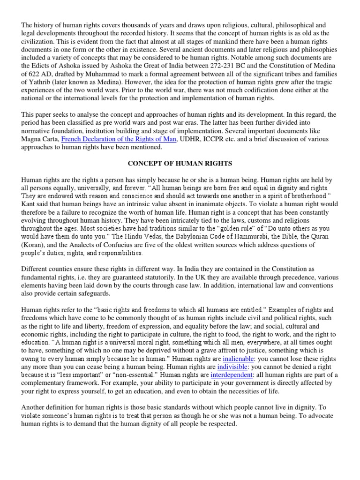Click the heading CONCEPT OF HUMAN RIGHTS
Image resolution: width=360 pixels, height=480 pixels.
tap(180, 163)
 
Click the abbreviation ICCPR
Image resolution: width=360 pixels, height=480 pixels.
tap(220, 139)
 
